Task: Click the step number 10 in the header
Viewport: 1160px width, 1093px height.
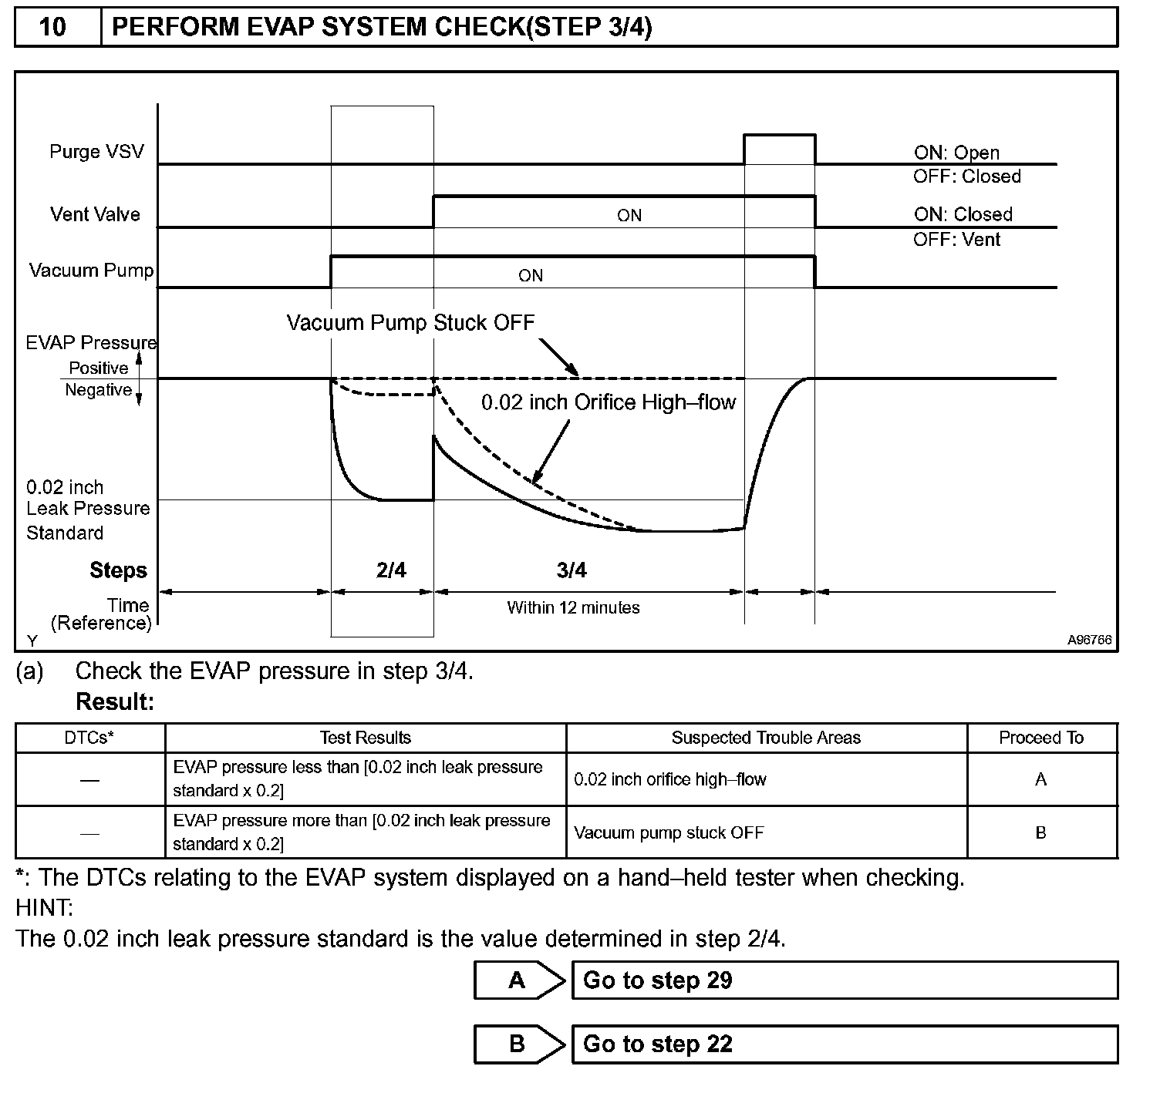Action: [52, 28]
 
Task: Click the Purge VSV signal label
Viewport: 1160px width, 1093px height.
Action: [96, 151]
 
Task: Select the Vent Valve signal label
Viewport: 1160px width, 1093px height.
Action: [95, 214]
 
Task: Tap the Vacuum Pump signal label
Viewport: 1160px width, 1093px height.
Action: [91, 271]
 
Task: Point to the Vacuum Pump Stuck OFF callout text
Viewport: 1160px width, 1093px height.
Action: [410, 322]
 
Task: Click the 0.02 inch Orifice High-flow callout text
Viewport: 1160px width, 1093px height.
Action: [609, 402]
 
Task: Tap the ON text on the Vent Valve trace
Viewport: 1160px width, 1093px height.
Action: [629, 216]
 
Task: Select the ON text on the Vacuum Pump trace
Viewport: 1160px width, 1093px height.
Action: [530, 276]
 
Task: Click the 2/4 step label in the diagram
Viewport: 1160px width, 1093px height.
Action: [391, 570]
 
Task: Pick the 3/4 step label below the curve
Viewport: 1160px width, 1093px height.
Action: [572, 570]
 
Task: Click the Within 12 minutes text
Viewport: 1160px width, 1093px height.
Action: [573, 607]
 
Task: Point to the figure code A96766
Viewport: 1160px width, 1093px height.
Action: [1089, 640]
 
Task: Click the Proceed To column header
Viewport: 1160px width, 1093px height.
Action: [1040, 738]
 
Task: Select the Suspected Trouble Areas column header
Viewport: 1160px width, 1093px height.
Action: [766, 738]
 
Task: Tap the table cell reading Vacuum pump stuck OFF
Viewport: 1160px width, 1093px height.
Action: [669, 832]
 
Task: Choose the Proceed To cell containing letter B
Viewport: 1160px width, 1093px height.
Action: [1040, 832]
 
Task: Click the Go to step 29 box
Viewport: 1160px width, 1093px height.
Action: [844, 980]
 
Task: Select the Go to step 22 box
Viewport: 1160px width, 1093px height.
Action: [844, 1044]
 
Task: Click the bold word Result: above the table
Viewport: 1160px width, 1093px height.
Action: [115, 702]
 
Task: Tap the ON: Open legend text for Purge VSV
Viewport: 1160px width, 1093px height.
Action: [956, 153]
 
